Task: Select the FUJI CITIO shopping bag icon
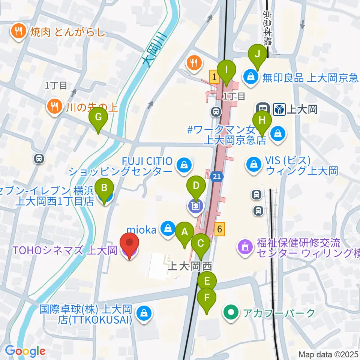click(184, 165)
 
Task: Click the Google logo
click(25, 351)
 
